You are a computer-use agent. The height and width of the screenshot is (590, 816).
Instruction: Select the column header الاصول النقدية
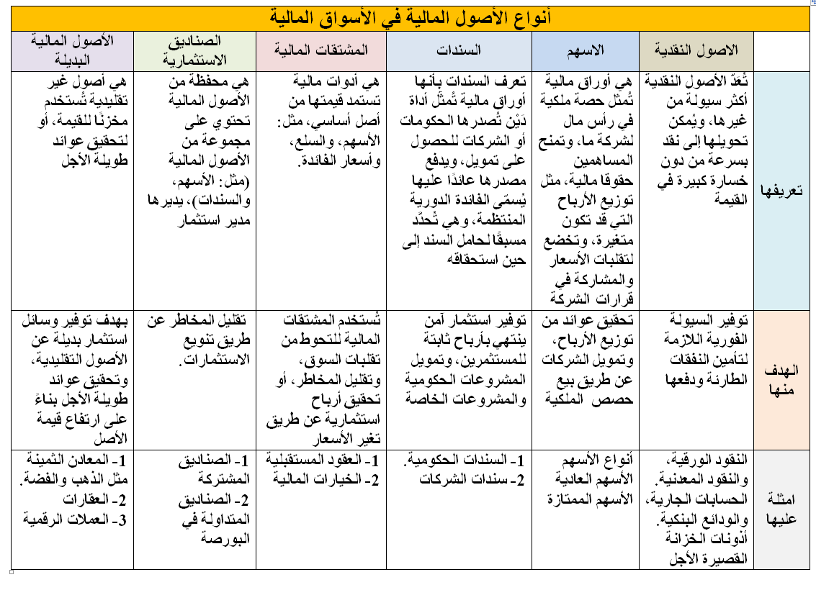coord(696,50)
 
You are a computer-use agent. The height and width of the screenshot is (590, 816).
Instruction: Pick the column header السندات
coord(459,50)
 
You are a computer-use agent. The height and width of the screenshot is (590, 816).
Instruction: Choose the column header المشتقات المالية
coord(321,50)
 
